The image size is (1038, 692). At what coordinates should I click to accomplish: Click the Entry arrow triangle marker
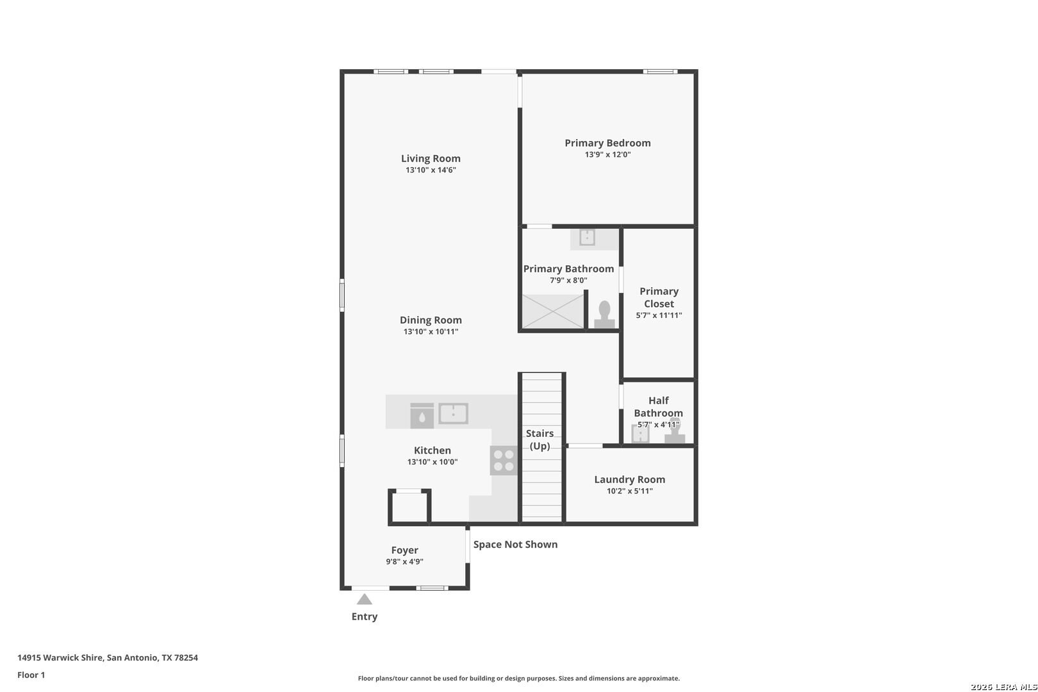tap(364, 599)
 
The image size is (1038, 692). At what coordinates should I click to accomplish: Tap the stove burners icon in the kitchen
tap(504, 460)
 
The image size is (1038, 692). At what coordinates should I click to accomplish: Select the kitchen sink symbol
tap(453, 413)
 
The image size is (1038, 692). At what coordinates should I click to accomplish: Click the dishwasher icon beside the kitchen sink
tap(422, 415)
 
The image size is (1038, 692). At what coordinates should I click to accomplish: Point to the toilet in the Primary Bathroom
tap(604, 315)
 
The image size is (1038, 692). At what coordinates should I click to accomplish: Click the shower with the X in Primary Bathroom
tap(553, 311)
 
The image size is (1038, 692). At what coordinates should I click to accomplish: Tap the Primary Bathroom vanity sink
tap(587, 237)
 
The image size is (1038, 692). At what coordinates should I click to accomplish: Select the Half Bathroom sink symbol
tap(640, 434)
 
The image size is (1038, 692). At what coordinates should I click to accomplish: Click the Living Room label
tap(431, 158)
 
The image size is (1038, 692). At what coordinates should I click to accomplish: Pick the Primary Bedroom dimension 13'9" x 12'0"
tap(607, 154)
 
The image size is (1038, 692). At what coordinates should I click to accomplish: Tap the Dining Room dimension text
tap(431, 331)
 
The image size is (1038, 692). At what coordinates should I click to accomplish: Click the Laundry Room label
tap(629, 479)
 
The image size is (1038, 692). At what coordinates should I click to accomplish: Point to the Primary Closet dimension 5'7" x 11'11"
tap(659, 315)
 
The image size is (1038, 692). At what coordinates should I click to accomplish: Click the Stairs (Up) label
tap(540, 440)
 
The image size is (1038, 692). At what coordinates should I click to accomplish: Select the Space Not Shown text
tap(515, 544)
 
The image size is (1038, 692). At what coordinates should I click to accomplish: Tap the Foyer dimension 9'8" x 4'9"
tap(404, 561)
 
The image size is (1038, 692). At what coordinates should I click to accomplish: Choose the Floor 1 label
tap(31, 675)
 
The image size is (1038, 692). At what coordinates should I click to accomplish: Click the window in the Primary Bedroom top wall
tap(660, 71)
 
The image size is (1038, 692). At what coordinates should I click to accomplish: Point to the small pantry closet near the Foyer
tap(409, 507)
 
